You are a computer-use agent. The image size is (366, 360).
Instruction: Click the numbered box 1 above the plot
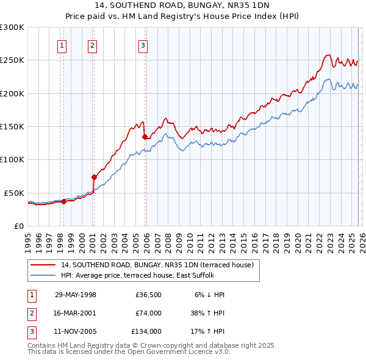coord(63,45)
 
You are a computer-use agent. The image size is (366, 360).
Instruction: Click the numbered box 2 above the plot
coord(92,45)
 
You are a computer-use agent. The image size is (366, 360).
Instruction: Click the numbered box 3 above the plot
coord(143,45)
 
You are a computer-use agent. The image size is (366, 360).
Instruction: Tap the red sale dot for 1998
coord(63,201)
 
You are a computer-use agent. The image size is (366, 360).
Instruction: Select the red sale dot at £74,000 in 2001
coord(94,177)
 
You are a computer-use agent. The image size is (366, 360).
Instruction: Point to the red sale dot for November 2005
coord(145,137)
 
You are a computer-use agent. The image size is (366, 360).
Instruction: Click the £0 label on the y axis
coord(18,226)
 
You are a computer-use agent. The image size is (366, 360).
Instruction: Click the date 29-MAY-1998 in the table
coord(76,295)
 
